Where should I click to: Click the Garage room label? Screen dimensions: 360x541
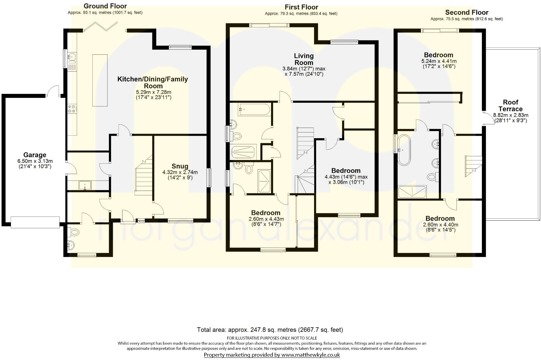35,155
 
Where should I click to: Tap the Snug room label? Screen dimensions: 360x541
180,166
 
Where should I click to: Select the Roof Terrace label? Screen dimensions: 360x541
510,106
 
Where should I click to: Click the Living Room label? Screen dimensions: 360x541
304,59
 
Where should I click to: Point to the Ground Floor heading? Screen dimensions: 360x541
105,6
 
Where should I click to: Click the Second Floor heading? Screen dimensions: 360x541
466,12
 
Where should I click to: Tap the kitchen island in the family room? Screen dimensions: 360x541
100,80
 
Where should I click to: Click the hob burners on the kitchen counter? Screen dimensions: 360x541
72,109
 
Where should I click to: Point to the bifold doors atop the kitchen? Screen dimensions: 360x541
100,27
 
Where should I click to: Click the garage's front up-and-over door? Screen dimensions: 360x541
35,222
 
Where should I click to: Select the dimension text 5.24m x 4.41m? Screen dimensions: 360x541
439,61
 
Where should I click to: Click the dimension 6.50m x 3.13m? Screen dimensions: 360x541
35,161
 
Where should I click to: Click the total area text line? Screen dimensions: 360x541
270,330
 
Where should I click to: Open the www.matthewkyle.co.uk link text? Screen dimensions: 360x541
310,355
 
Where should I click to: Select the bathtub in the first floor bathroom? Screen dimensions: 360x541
254,109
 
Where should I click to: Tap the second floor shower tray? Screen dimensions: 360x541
412,192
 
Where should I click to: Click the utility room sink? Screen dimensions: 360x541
85,185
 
